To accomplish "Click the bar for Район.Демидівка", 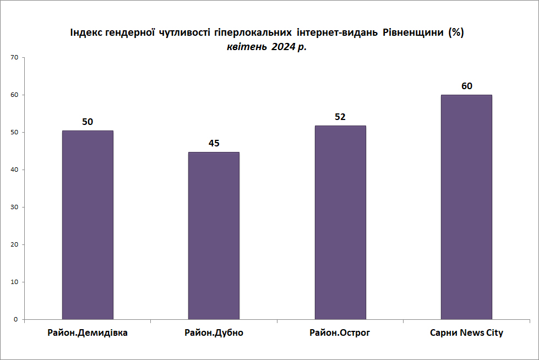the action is [88, 225].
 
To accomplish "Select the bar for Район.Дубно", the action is [214, 236].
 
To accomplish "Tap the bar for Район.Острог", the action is [340, 222].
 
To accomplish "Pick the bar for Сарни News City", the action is [466, 207].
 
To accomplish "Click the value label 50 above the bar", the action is [88, 122].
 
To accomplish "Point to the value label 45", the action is [214, 143].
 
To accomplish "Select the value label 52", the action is [340, 117].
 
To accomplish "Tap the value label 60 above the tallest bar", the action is [467, 86].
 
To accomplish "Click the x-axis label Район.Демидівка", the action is [88, 333].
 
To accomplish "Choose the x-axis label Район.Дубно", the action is [214, 333].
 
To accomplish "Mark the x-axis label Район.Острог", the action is [340, 333].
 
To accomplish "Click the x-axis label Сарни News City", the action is [466, 333].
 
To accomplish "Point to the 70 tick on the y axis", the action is [14, 57].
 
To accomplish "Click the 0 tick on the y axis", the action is [16, 319].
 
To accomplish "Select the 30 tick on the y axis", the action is [14, 208].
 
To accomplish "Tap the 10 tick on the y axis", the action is [14, 282].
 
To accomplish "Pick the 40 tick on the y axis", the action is [14, 170].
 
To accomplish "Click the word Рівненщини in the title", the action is [413, 32].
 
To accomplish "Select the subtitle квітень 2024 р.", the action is [267, 47].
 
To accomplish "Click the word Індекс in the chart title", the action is [86, 32].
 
